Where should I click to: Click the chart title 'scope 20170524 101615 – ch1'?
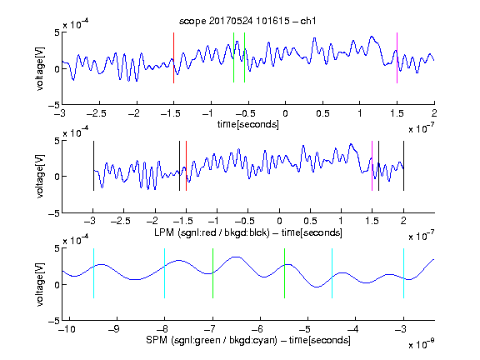(247, 21)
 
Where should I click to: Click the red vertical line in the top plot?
(173, 57)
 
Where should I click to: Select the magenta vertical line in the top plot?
(397, 57)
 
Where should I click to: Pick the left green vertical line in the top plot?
(233, 57)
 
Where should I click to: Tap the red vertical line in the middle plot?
(186, 166)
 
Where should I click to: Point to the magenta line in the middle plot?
(372, 166)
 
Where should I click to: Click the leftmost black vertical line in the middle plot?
(93, 166)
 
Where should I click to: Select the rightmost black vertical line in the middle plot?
(403, 166)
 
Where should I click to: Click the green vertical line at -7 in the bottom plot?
(212, 273)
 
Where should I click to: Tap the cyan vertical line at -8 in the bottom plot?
(164, 273)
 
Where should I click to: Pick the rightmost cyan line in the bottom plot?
(403, 273)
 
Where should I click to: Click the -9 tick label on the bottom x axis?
(114, 329)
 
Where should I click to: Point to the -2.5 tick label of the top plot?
(96, 113)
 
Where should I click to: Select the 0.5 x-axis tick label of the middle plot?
(310, 221)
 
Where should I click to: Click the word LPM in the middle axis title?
(164, 232)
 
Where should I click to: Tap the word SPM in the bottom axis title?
(156, 340)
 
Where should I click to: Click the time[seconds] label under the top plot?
(248, 125)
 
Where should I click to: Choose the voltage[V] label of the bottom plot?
(40, 284)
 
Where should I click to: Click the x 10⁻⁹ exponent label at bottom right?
(421, 343)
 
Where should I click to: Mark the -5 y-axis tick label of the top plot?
(54, 105)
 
